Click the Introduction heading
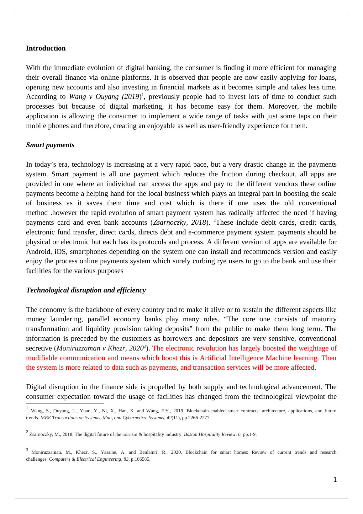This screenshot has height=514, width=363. point(46,48)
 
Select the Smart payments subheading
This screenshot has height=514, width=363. point(50,145)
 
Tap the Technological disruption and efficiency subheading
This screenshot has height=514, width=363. point(86,290)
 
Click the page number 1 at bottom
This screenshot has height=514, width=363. point(335,479)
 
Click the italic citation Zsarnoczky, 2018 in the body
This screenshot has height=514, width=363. point(179,222)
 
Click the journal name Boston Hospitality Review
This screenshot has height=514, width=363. point(209,435)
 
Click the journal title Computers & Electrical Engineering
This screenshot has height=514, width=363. point(85,459)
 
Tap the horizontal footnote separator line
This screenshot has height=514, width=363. point(65,404)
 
